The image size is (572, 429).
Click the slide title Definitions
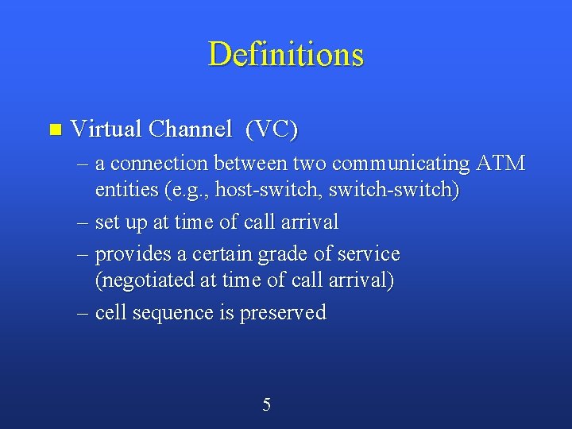point(286,55)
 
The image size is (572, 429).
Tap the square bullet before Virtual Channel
point(54,129)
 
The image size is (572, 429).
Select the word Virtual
point(106,128)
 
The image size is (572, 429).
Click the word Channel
point(190,128)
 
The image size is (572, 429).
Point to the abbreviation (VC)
point(272,129)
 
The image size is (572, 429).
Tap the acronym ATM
point(500,164)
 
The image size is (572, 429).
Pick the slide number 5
point(266,405)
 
